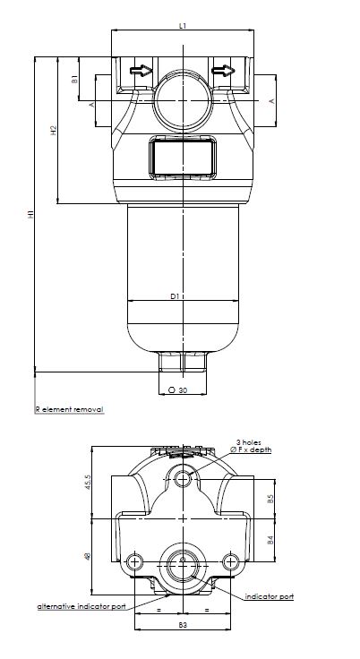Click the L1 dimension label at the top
[183, 26]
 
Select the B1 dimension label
[75, 80]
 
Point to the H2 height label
[55, 131]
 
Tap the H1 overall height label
[30, 215]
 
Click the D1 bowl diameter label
[176, 295]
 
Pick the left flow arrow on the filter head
[140, 70]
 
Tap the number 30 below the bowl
[182, 390]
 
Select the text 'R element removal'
[69, 409]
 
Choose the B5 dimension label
[270, 500]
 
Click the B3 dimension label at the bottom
[183, 624]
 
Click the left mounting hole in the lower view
[135, 562]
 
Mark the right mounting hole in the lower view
[232, 562]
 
